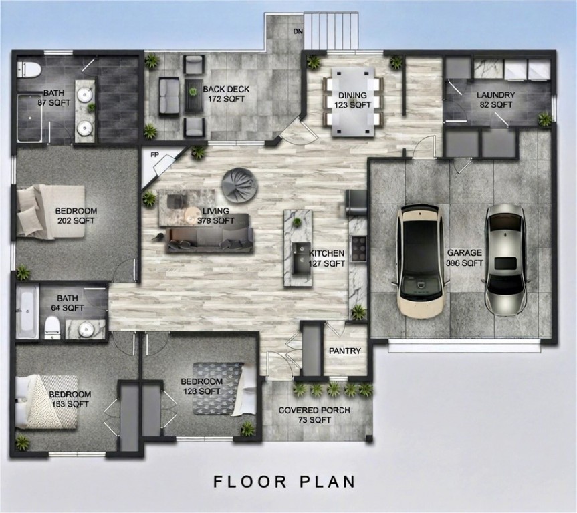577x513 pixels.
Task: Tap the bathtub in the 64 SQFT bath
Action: point(27,311)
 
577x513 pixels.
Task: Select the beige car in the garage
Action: point(422,261)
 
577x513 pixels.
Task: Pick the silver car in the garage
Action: point(505,259)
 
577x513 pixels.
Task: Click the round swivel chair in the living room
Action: point(239,185)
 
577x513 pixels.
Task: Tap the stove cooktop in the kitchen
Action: point(358,248)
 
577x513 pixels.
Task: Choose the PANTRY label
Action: point(345,351)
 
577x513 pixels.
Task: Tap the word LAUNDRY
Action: point(495,95)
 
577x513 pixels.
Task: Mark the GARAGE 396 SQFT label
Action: point(464,258)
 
